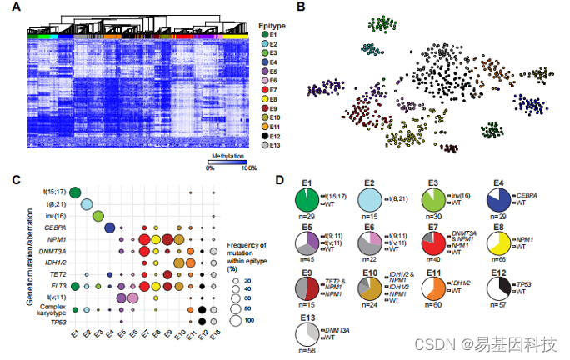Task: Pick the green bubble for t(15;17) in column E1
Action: click(75, 192)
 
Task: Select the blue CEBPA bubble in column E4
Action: click(109, 227)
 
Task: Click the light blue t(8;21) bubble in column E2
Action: click(87, 204)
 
